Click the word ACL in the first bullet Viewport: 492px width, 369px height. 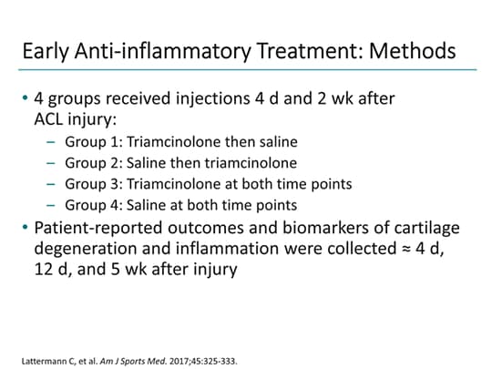click(x=52, y=119)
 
